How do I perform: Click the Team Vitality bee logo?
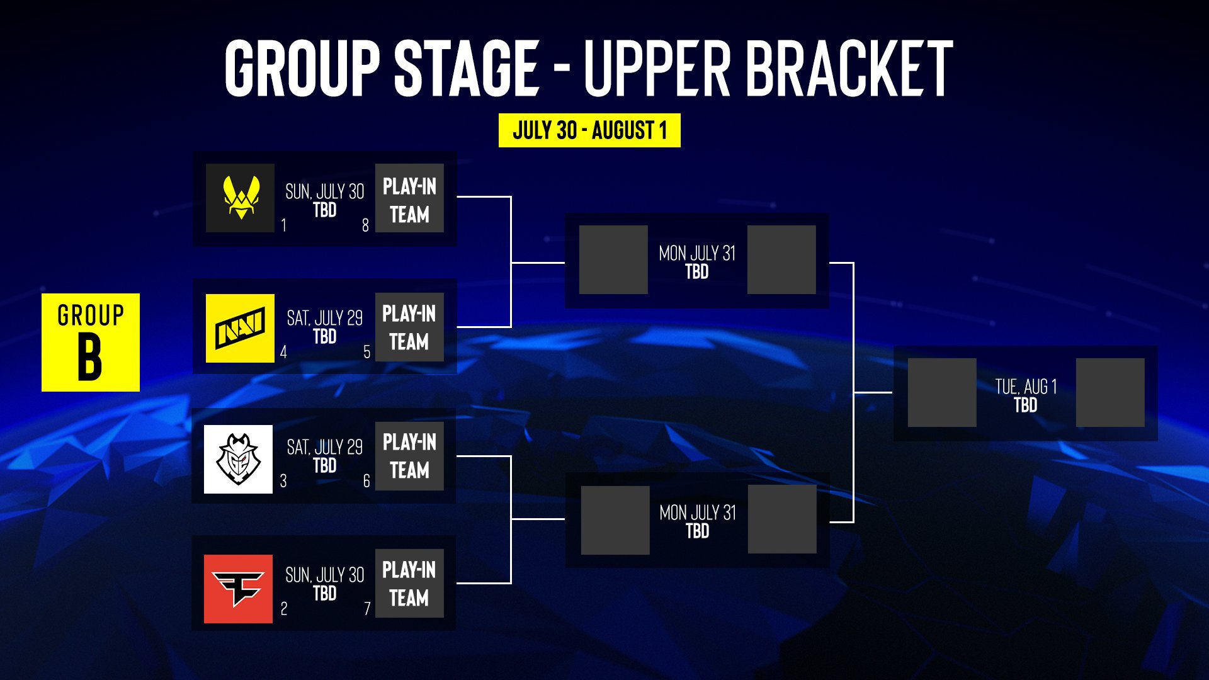[x=240, y=198]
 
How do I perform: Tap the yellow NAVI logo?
[x=240, y=328]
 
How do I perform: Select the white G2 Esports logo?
[x=238, y=459]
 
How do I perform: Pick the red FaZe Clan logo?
[x=238, y=589]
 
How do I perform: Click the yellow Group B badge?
[x=91, y=343]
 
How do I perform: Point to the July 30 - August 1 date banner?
[x=589, y=130]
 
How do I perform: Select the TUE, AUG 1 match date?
[x=1026, y=386]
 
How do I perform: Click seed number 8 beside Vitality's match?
[x=365, y=225]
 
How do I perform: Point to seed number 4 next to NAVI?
[x=283, y=352]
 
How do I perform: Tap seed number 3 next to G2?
[x=283, y=481]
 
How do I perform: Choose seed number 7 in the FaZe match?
[x=367, y=609]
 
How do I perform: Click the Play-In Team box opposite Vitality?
[x=409, y=198]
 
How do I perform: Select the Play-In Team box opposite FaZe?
[x=409, y=583]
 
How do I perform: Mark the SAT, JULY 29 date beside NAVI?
[x=325, y=318]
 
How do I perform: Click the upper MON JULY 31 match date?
[x=697, y=253]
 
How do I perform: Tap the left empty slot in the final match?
[x=942, y=392]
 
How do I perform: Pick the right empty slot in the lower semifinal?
[x=782, y=519]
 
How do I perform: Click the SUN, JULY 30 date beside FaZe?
[x=325, y=575]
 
